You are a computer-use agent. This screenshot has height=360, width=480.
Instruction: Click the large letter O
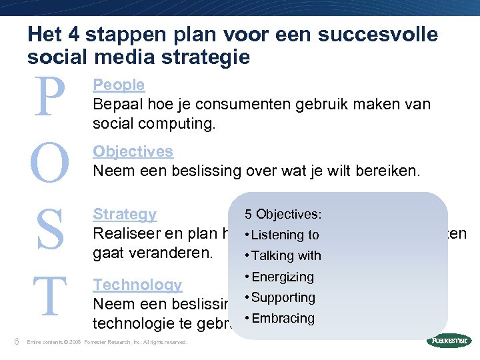click(49, 163)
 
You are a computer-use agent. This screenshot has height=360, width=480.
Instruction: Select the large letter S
click(49, 229)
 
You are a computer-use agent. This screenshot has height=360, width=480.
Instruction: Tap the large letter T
click(49, 297)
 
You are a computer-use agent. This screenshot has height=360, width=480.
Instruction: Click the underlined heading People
click(119, 85)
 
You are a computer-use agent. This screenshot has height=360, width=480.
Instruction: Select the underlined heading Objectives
click(133, 151)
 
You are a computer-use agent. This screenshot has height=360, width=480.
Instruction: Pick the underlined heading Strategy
click(125, 214)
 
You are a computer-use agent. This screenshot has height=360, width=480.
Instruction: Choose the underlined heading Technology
click(137, 285)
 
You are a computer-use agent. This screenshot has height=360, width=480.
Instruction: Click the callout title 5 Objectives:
click(283, 214)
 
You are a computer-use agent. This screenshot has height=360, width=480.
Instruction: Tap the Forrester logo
click(449, 341)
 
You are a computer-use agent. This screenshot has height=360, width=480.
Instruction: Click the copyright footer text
click(107, 343)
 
